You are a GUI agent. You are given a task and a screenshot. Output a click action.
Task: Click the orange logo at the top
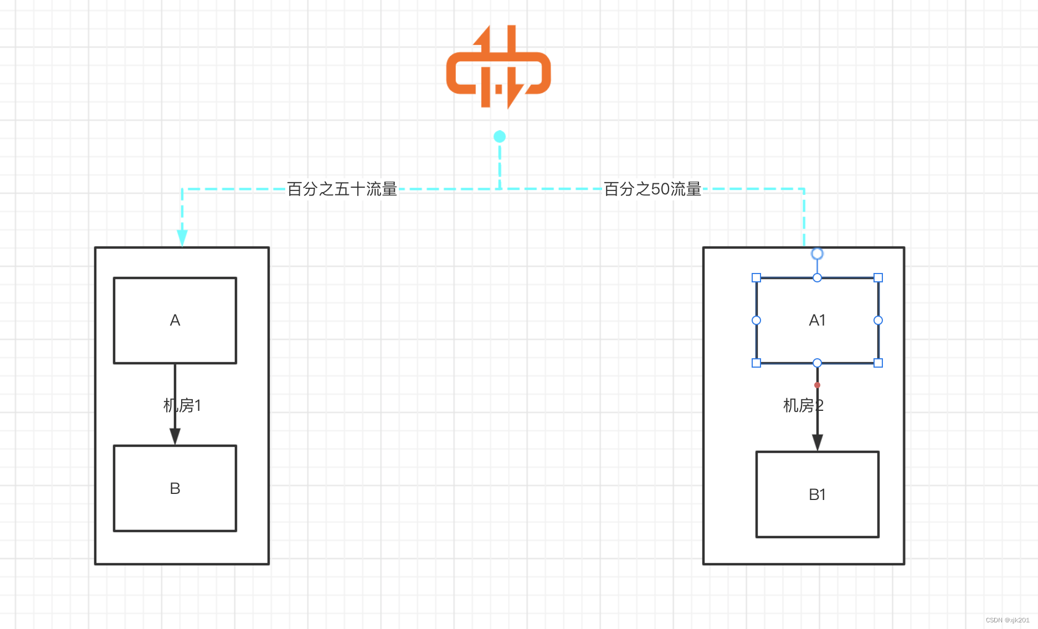pos(499,67)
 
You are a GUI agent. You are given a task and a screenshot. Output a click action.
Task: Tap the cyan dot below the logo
pos(500,137)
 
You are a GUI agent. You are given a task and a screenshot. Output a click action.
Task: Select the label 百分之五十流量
pos(342,189)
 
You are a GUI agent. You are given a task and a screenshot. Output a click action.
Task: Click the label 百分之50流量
pos(652,189)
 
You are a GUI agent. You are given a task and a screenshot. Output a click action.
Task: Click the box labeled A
pos(175,321)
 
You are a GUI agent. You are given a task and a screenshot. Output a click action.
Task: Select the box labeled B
pos(175,488)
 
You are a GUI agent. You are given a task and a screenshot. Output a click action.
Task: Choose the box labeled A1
pos(817,321)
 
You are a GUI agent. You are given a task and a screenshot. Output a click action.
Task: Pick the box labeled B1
pos(817,494)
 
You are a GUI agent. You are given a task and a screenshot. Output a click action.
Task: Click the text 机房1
pos(182,406)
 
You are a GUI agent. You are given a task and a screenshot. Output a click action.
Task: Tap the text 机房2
pos(803,406)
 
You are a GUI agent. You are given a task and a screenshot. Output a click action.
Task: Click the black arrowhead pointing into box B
pos(175,436)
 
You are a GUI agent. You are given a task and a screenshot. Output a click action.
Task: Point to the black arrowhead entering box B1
pos(817,442)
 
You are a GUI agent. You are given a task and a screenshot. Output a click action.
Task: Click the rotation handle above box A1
pos(817,254)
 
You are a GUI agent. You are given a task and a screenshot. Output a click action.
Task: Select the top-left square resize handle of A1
pos(756,278)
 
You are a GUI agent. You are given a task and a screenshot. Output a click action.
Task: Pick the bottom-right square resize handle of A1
pos(878,363)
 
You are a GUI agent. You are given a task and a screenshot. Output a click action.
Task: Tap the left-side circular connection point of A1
pos(756,321)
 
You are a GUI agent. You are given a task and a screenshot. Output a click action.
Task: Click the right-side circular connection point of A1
pos(878,321)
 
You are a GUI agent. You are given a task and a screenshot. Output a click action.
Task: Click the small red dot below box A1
pos(817,385)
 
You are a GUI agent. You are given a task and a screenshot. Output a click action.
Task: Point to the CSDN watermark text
pos(1007,620)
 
